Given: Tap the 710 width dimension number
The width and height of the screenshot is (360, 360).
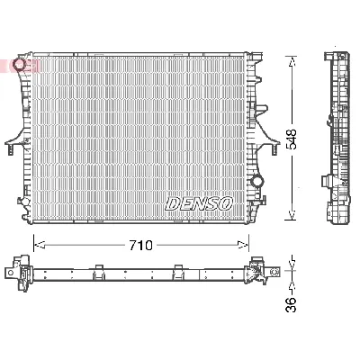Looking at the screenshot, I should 139,244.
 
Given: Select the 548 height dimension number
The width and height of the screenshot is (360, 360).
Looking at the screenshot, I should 293,137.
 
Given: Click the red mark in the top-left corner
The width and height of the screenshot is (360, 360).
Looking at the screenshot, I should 11,65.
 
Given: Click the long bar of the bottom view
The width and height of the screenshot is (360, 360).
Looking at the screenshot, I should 139,272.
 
